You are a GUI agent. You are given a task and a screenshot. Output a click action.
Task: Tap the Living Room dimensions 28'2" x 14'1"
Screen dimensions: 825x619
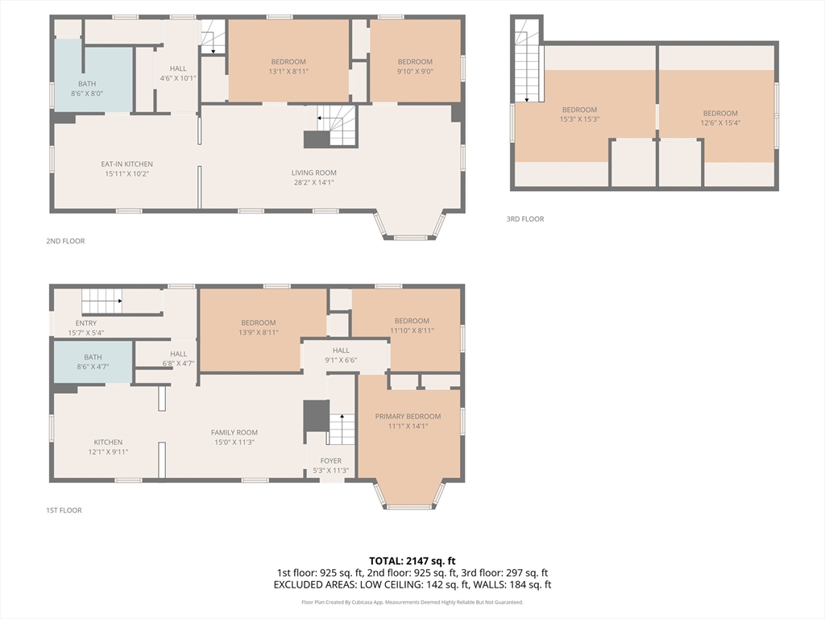point(314,183)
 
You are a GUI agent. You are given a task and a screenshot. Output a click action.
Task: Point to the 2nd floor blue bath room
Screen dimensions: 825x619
point(93,79)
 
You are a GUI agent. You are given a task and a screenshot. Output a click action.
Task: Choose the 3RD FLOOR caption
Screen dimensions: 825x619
point(525,219)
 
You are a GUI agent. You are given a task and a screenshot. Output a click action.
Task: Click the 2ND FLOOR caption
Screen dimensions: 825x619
point(65,241)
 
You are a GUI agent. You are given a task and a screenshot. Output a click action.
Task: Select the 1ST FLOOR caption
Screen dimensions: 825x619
point(64,510)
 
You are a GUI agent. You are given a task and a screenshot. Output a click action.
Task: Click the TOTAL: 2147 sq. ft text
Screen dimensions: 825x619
point(412,561)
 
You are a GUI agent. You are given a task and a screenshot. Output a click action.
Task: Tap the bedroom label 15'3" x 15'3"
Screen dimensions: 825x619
point(579,114)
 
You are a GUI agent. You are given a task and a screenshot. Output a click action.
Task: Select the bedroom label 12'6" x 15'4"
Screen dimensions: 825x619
point(720,118)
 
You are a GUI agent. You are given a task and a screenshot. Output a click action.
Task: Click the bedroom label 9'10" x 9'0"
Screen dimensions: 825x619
point(415,67)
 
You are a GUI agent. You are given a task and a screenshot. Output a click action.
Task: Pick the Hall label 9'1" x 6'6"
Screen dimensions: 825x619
point(341,355)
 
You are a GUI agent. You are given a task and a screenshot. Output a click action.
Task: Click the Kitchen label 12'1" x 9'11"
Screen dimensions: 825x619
point(108,447)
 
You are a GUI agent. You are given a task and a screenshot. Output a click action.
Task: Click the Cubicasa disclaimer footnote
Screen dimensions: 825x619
point(412,602)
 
